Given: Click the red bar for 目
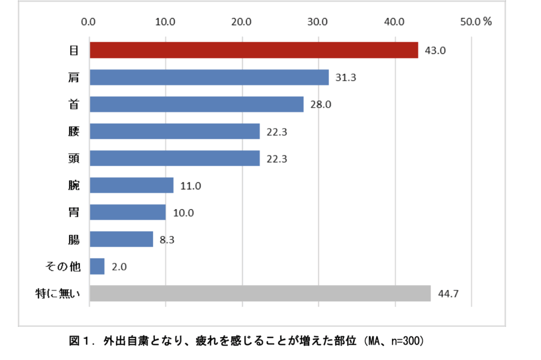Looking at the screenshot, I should coord(254,50).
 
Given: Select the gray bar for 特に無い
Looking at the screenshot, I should coord(260,293).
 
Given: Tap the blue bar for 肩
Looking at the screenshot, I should coord(209,77).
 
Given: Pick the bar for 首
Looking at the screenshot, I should coord(197,104).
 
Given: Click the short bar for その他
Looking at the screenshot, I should coord(97,266).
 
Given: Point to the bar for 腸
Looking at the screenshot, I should coord(122,239).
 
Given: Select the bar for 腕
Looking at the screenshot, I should coord(132,185).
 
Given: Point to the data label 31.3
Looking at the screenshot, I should coord(346,78).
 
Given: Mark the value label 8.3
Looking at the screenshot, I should coord(167,240).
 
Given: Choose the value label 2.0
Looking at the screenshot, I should coord(119,267).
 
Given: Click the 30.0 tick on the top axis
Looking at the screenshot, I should coord(318,22).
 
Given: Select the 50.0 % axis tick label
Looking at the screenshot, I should coord(475,22).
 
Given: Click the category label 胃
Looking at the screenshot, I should coord(74,212).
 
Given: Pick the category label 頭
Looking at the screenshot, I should coord(74,158).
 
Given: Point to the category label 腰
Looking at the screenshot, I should coord(74,131).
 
